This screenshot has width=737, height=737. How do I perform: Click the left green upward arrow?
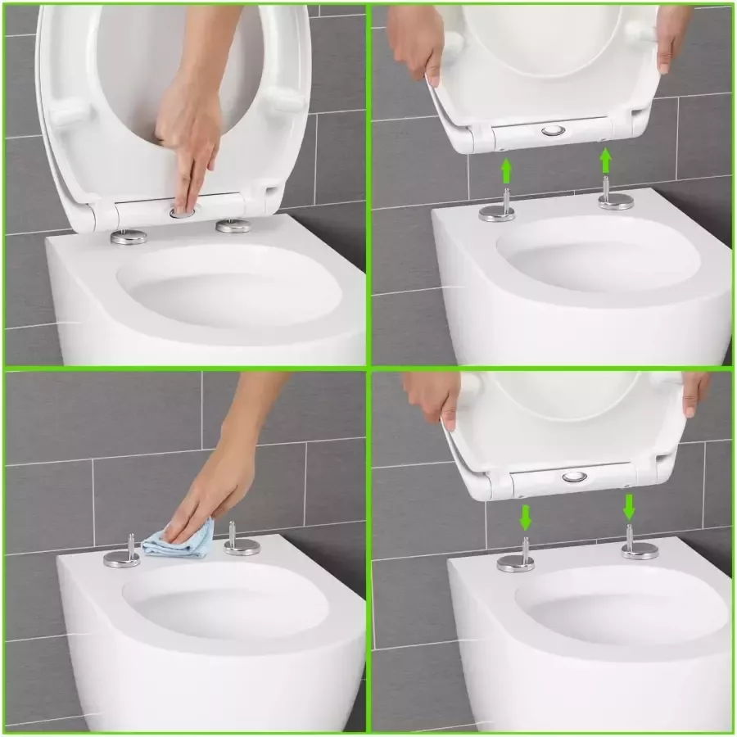coord(506,170)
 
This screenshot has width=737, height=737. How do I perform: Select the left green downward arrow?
coord(525,517)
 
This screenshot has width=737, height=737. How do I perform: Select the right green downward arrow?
coord(628,506)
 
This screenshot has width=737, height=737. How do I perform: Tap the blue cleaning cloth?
coord(181,540)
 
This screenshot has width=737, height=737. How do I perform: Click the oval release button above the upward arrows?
coord(553,131)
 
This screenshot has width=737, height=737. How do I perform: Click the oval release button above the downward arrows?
coord(575,477)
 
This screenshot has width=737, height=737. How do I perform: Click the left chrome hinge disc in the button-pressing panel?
coord(129,237)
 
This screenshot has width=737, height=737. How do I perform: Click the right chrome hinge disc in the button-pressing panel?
coord(233,226)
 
